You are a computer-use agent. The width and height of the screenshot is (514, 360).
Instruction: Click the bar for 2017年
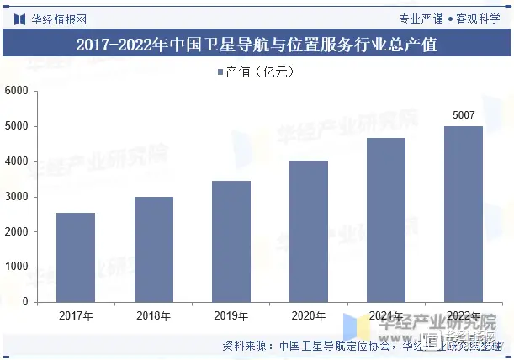tap(76, 257)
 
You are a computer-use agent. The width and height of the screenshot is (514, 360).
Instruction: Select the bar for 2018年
tap(153, 249)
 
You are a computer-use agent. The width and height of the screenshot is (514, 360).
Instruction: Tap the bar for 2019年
tap(231, 241)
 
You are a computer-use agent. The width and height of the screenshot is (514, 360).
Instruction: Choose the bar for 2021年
tap(386, 220)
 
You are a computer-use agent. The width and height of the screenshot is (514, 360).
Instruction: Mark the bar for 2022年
tap(464, 214)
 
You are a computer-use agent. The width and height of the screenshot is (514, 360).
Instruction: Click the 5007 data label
tap(464, 115)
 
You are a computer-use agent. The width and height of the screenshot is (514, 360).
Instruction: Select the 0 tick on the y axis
tap(24, 302)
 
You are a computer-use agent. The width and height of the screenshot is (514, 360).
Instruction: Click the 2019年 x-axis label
tap(231, 316)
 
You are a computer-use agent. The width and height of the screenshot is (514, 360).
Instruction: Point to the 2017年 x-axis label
tap(76, 316)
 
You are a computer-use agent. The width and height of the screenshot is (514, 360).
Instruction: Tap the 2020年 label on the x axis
tap(309, 316)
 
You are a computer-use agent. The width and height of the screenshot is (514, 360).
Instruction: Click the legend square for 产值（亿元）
tap(220, 72)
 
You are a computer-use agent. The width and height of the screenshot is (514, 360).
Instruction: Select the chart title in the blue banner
tap(257, 45)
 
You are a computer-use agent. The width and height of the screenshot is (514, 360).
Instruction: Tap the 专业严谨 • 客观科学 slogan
tap(450, 19)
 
